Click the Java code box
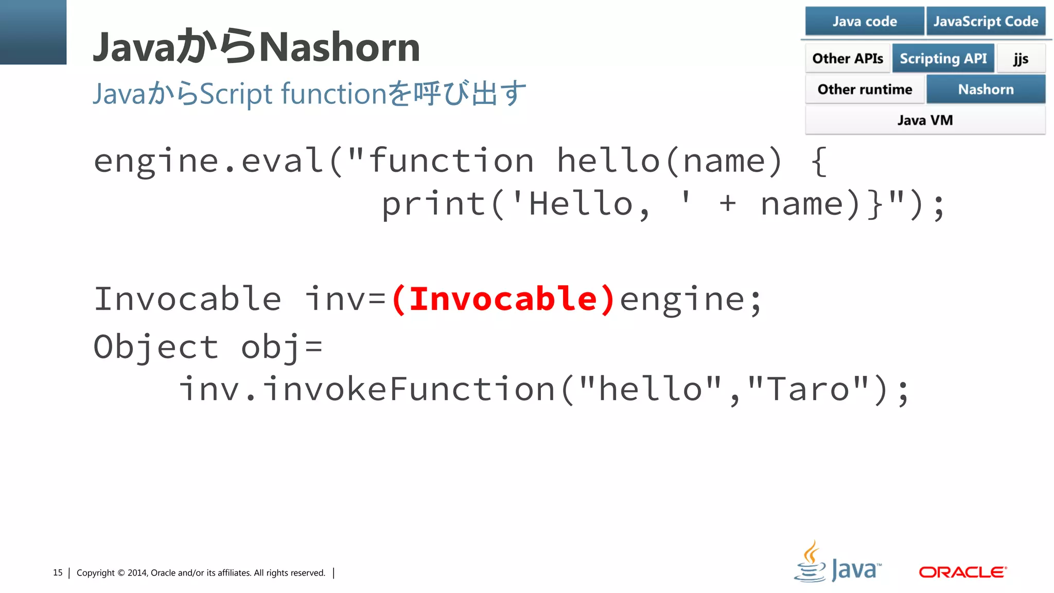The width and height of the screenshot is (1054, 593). click(x=864, y=21)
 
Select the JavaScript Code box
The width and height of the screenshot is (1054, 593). click(x=986, y=21)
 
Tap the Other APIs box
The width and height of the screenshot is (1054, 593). click(x=847, y=58)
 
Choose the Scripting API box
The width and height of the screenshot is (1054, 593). click(x=943, y=58)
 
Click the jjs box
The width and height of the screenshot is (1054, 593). click(x=1021, y=58)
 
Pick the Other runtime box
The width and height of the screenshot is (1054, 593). click(x=865, y=89)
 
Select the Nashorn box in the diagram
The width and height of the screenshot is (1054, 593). click(x=986, y=89)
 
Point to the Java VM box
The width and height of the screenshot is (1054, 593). click(x=925, y=120)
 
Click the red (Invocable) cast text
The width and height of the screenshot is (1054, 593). click(x=503, y=299)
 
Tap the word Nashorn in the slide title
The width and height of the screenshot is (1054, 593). click(x=340, y=47)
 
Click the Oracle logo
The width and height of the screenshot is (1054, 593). click(x=962, y=572)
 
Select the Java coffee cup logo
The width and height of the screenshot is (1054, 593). click(x=811, y=563)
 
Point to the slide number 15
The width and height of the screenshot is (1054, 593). click(x=58, y=572)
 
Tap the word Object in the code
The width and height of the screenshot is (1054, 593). click(x=156, y=347)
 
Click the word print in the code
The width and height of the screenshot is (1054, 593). click(x=434, y=204)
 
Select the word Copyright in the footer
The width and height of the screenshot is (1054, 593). click(x=96, y=572)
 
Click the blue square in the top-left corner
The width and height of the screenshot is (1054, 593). click(x=33, y=32)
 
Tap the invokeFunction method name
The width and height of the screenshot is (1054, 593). click(x=410, y=389)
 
